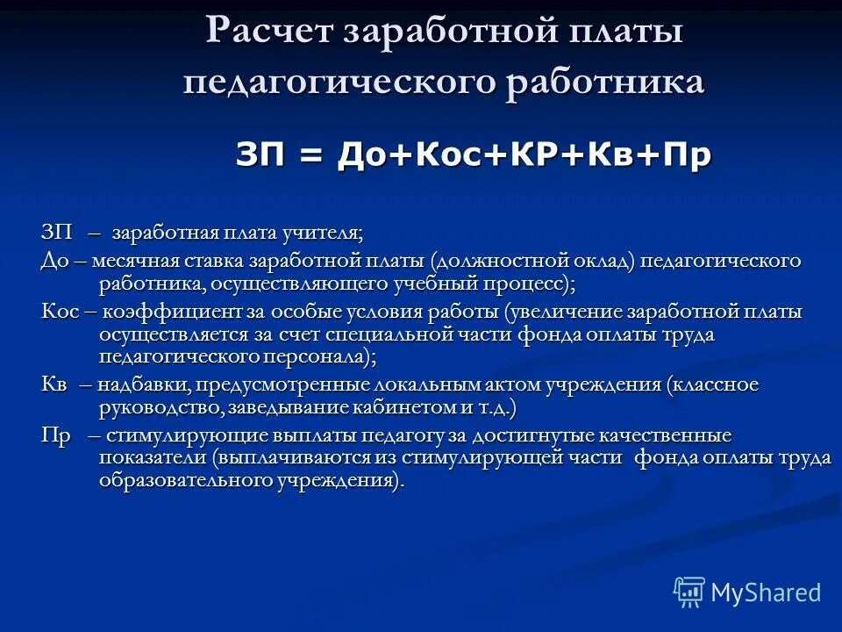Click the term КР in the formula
click(x=528, y=156)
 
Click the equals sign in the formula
click(x=310, y=156)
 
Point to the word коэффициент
click(x=154, y=312)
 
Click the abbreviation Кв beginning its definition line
click(x=53, y=385)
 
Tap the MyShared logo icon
click(x=689, y=592)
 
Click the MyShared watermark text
click(x=767, y=592)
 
